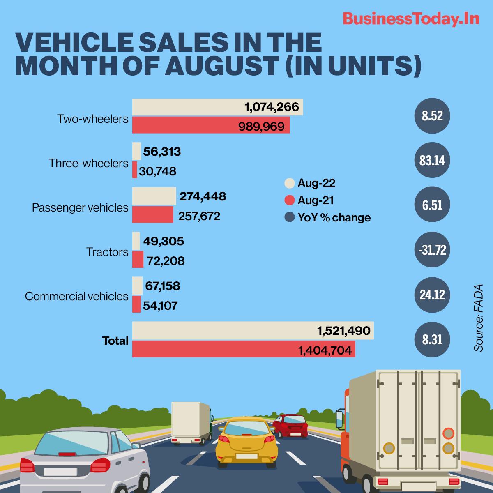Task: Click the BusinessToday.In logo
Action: click(x=410, y=19)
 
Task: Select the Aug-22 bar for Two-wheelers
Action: click(x=217, y=108)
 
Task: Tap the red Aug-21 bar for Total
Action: click(x=244, y=350)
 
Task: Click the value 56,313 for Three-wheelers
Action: click(x=162, y=152)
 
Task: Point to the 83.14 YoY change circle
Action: click(x=432, y=160)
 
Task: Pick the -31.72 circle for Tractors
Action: click(x=432, y=250)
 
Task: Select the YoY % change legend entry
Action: click(x=328, y=217)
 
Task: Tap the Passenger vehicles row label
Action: click(x=80, y=208)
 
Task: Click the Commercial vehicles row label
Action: click(x=77, y=296)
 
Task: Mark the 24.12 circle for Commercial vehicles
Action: click(x=432, y=295)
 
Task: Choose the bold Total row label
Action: click(x=115, y=341)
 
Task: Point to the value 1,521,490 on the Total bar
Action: click(x=343, y=330)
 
